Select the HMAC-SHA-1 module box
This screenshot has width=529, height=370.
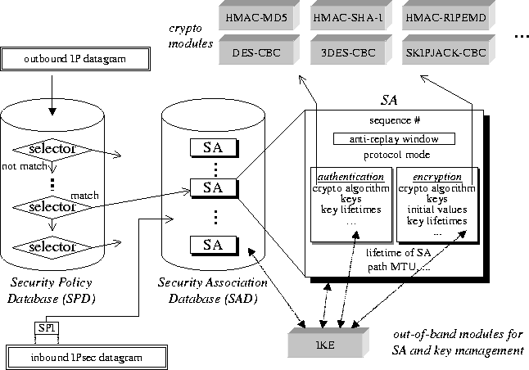point(350,16)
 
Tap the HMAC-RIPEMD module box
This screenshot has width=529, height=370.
point(445,16)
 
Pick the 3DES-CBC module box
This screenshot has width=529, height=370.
point(350,52)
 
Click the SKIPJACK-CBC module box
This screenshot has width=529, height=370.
point(445,52)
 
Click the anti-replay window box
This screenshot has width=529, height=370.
point(394,139)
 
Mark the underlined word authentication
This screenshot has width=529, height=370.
point(348,176)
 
